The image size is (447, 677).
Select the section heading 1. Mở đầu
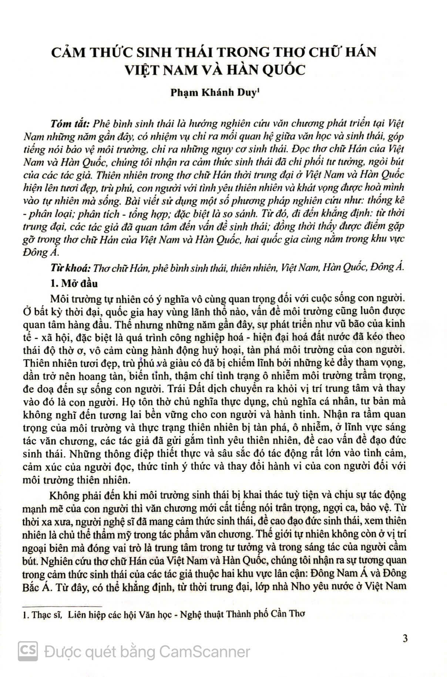click(74, 284)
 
